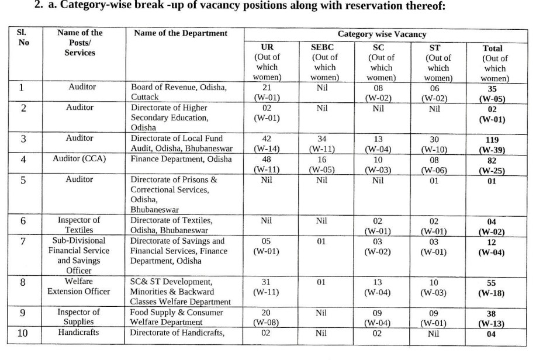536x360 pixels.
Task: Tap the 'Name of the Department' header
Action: [181, 33]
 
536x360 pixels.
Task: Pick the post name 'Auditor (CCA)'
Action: [79, 159]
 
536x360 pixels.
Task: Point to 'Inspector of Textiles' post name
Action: [79, 225]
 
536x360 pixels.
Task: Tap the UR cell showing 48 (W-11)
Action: [267, 164]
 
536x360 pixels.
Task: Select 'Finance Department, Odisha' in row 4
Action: [181, 159]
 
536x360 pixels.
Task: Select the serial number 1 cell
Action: [23, 88]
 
